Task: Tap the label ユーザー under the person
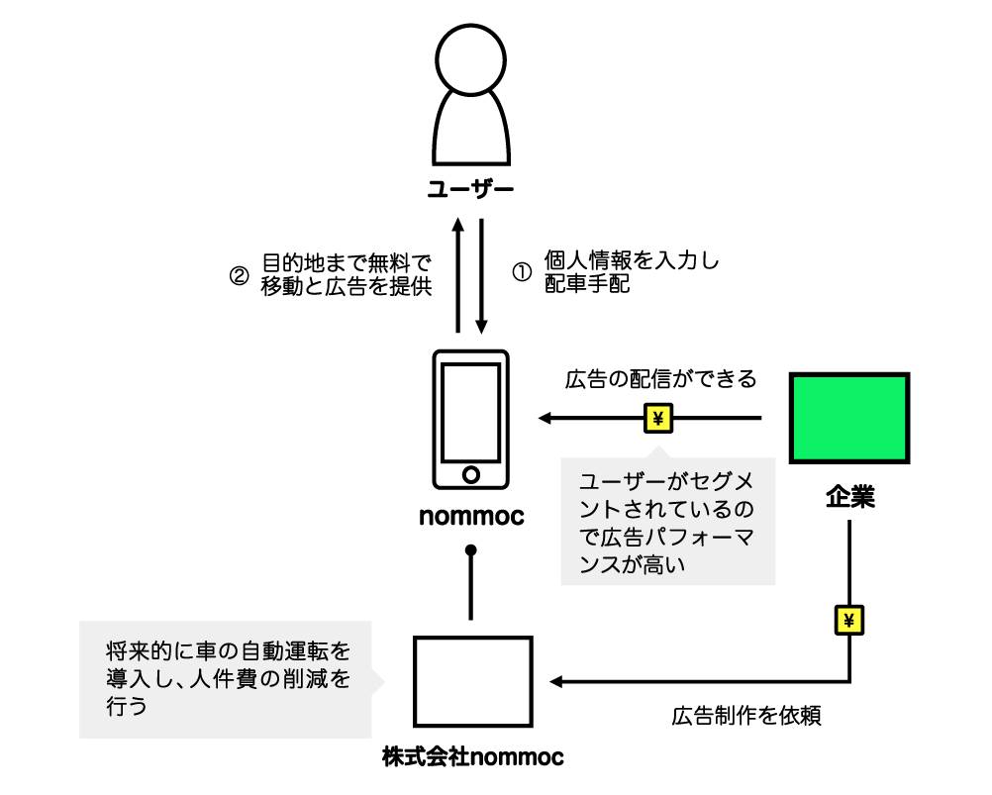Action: [471, 189]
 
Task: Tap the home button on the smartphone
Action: [471, 474]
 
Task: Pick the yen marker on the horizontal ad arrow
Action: [658, 420]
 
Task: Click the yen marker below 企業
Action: [849, 620]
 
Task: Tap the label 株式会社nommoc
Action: [472, 759]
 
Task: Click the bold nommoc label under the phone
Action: [471, 518]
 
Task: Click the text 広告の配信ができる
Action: [660, 379]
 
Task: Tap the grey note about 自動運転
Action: [228, 679]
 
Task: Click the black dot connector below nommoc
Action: [471, 549]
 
